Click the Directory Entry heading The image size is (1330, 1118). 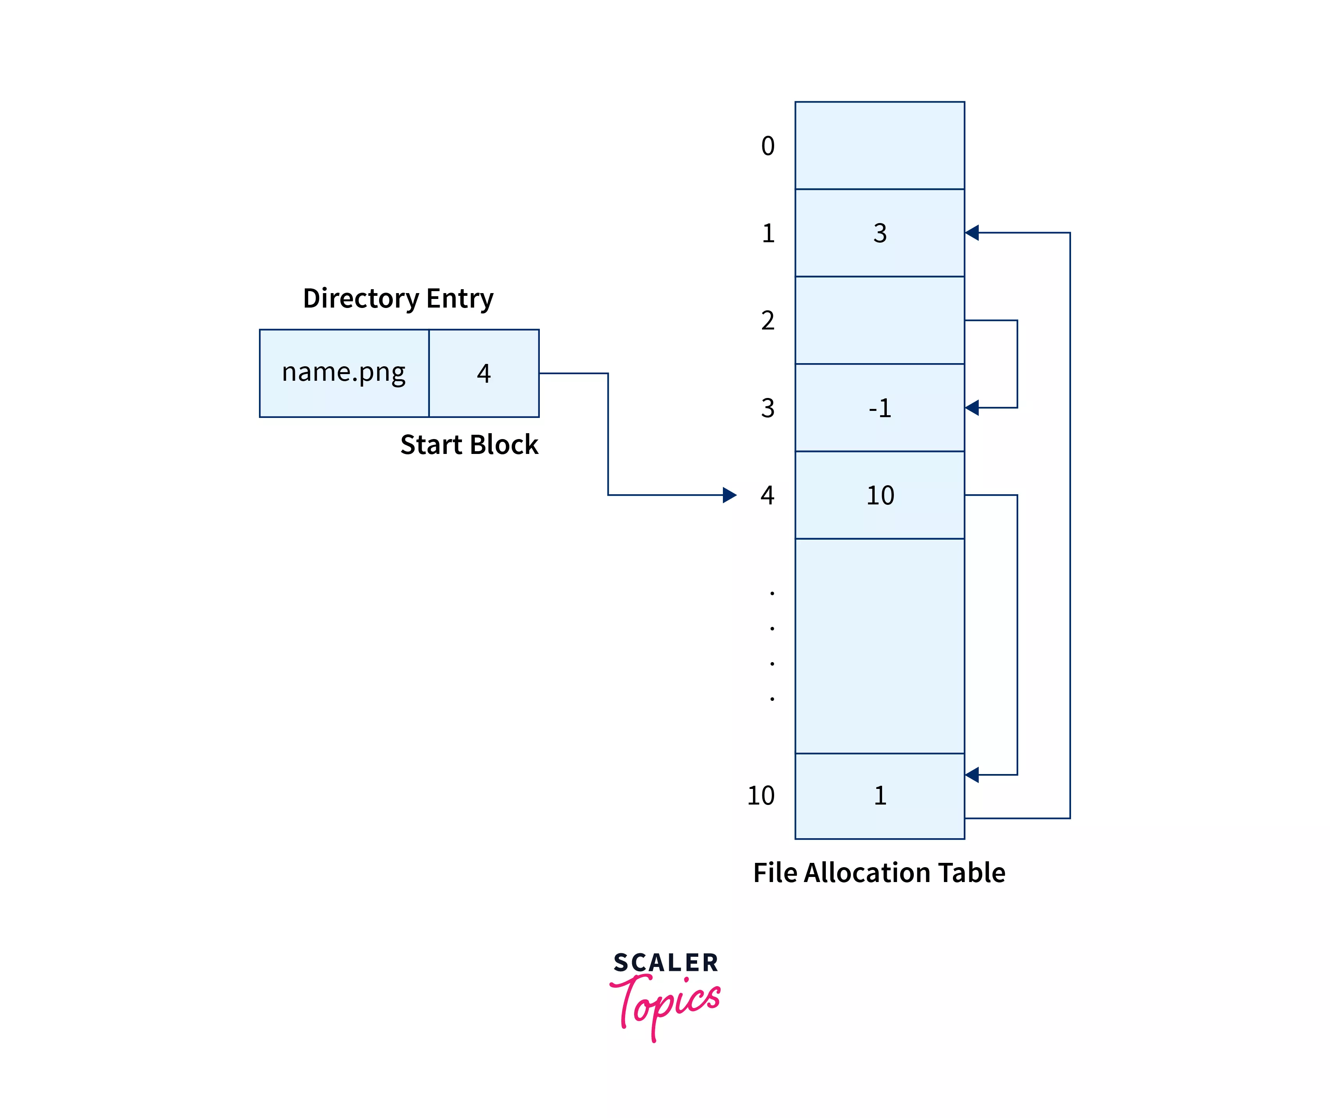(398, 299)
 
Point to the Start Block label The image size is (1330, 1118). (469, 445)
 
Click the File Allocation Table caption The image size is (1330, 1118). (879, 873)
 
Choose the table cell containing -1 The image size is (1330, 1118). (879, 407)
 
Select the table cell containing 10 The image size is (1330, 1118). (879, 495)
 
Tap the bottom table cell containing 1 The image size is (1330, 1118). (879, 796)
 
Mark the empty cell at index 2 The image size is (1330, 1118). (879, 320)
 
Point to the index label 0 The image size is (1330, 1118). (768, 146)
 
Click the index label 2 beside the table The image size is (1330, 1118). (768, 321)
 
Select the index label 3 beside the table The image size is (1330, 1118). (768, 408)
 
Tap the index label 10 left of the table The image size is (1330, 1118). (761, 796)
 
